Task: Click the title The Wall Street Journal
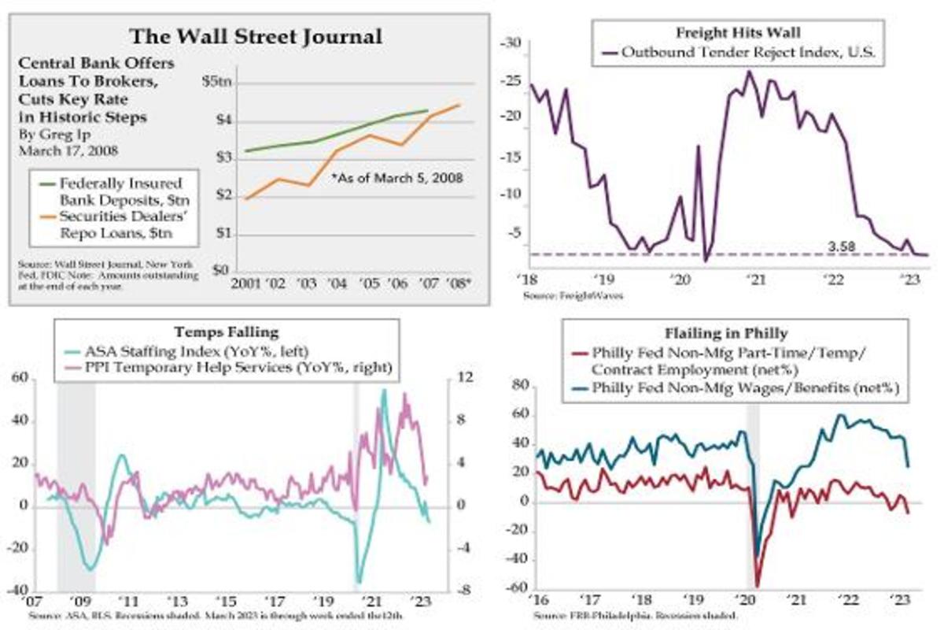256,36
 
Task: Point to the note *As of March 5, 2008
396,178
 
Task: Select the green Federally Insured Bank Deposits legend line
50,183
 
